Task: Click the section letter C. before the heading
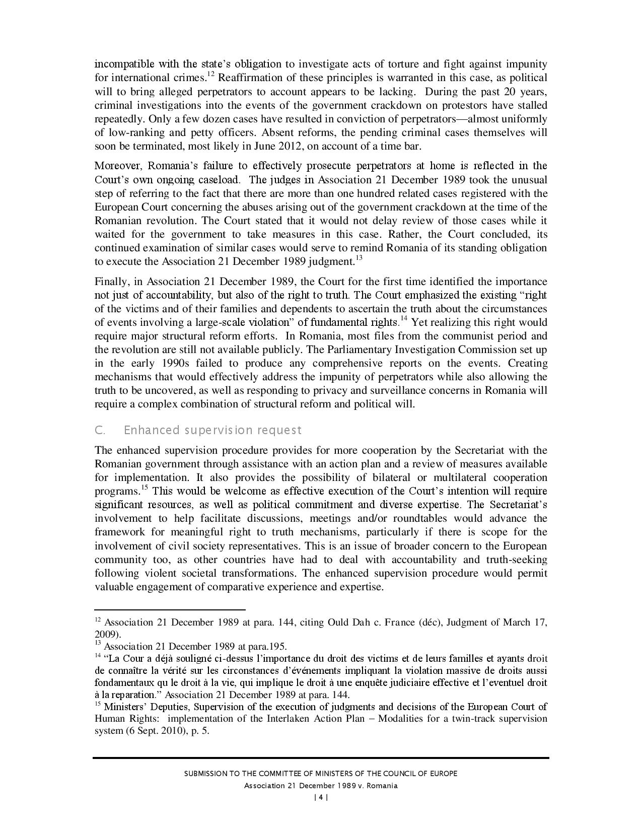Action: click(100, 430)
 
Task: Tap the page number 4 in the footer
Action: click(321, 797)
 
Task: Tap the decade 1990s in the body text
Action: click(176, 364)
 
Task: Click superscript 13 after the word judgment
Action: click(359, 258)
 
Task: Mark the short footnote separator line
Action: click(170, 609)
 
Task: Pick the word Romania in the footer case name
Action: click(383, 786)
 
